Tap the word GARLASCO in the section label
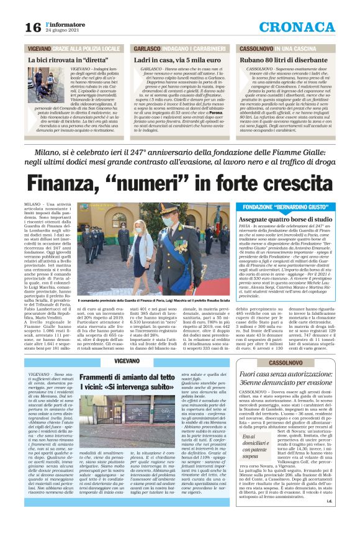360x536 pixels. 147,47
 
